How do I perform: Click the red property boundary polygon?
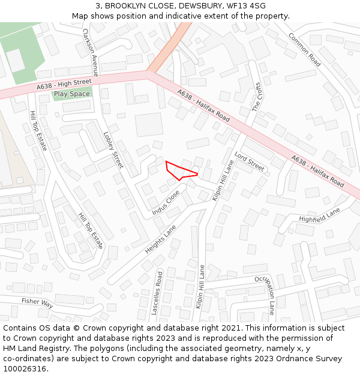[179, 171]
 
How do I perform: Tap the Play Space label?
[72, 94]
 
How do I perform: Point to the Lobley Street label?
[113, 150]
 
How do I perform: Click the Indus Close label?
[166, 203]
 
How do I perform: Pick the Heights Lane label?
[161, 238]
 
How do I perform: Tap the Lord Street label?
[250, 161]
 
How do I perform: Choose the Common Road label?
[304, 49]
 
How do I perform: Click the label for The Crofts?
[257, 97]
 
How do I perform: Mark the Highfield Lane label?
[319, 215]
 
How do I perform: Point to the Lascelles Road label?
[157, 293]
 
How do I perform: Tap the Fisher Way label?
[37, 304]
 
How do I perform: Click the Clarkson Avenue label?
[91, 48]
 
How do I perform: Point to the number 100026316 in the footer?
[25, 368]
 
